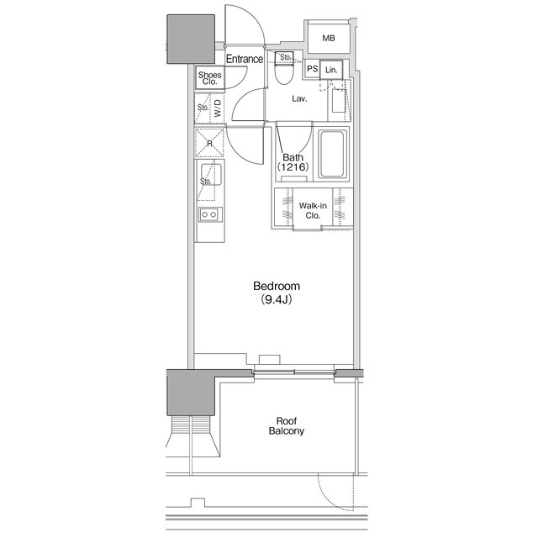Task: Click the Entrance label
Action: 245,59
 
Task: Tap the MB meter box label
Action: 329,38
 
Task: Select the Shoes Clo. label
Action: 209,78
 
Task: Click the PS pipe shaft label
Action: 312,69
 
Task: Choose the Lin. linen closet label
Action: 331,70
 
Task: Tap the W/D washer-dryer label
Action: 218,108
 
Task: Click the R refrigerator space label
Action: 209,144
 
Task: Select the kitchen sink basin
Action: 211,174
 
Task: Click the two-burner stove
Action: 210,215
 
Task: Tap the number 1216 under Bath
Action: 293,166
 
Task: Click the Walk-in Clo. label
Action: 313,210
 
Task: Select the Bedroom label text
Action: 277,286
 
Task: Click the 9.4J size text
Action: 277,299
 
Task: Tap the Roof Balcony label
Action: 286,426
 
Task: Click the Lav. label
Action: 299,99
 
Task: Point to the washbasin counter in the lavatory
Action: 340,101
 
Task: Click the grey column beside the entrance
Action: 191,39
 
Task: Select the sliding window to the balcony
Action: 294,372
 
